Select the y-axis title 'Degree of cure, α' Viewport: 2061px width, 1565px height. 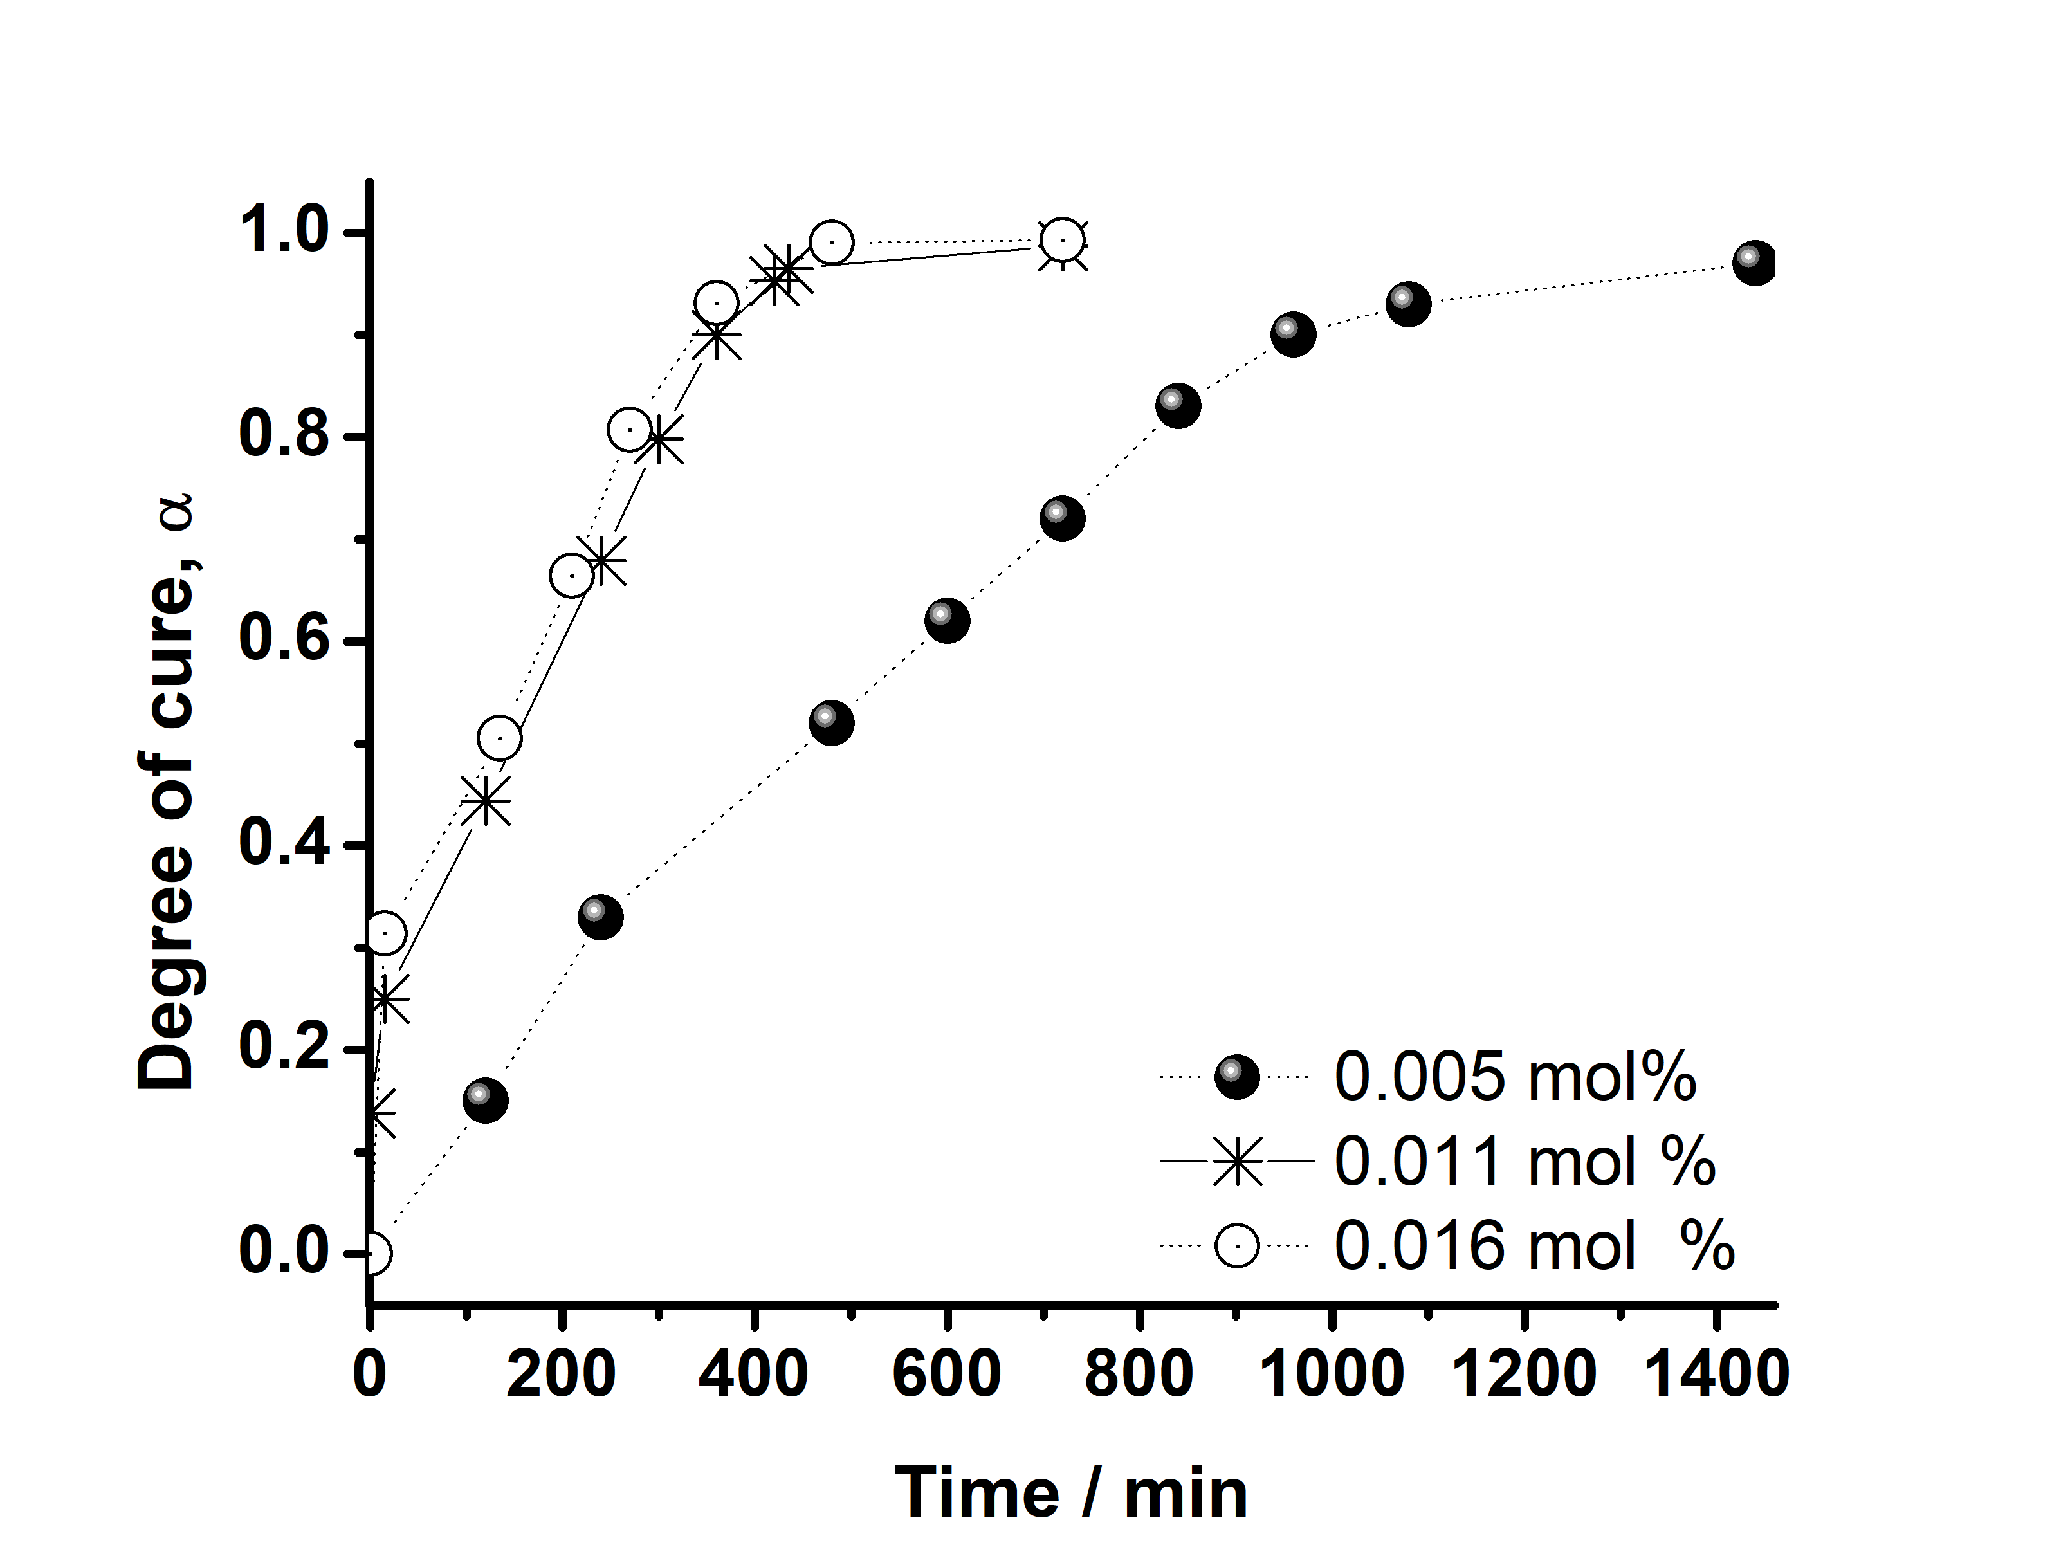pyautogui.click(x=168, y=791)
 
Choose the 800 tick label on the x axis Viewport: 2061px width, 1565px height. pyautogui.click(x=1139, y=1374)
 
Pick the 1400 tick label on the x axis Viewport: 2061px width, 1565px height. pyautogui.click(x=1716, y=1374)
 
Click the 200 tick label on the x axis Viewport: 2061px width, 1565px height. pyautogui.click(x=561, y=1374)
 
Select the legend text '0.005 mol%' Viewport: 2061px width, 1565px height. pyautogui.click(x=1515, y=1078)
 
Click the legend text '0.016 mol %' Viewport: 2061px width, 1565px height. pyautogui.click(x=1534, y=1245)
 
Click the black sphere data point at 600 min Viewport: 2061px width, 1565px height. pyautogui.click(x=947, y=621)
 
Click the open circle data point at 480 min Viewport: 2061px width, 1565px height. pyautogui.click(x=831, y=243)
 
